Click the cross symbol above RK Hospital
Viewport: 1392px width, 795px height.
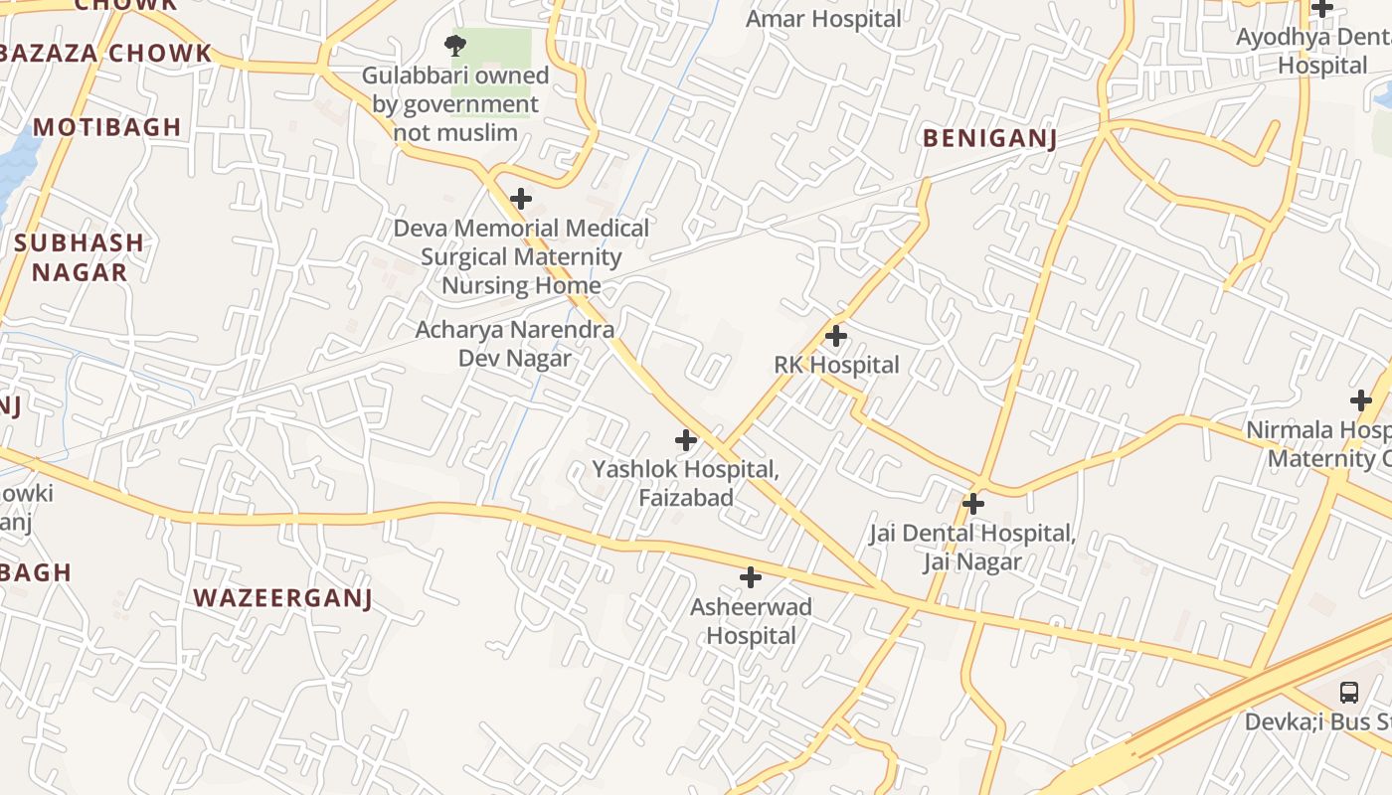836,336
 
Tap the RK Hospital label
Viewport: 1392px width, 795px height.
836,365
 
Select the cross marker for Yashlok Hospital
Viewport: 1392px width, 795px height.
686,439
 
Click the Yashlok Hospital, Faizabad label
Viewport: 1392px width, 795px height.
686,482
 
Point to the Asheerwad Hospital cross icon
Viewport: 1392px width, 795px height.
751,577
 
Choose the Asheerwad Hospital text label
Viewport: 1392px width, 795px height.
752,621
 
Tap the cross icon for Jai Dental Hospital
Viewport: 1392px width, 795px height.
973,504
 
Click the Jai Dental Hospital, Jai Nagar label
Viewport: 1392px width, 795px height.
972,548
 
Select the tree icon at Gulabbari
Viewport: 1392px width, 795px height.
455,45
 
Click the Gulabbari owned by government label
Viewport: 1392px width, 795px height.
455,103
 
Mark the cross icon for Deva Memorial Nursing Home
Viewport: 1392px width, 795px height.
521,199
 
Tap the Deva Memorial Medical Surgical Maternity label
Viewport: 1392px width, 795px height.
521,256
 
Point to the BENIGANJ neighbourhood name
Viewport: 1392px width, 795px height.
989,138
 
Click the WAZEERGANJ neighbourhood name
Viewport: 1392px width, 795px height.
282,597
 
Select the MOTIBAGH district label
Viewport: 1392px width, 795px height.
107,126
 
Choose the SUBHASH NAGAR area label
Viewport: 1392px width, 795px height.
79,257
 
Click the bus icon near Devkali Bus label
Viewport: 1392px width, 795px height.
1349,693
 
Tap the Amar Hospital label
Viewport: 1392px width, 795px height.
823,19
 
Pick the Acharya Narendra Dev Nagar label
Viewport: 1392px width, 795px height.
514,344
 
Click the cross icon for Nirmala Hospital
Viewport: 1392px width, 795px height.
1361,400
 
